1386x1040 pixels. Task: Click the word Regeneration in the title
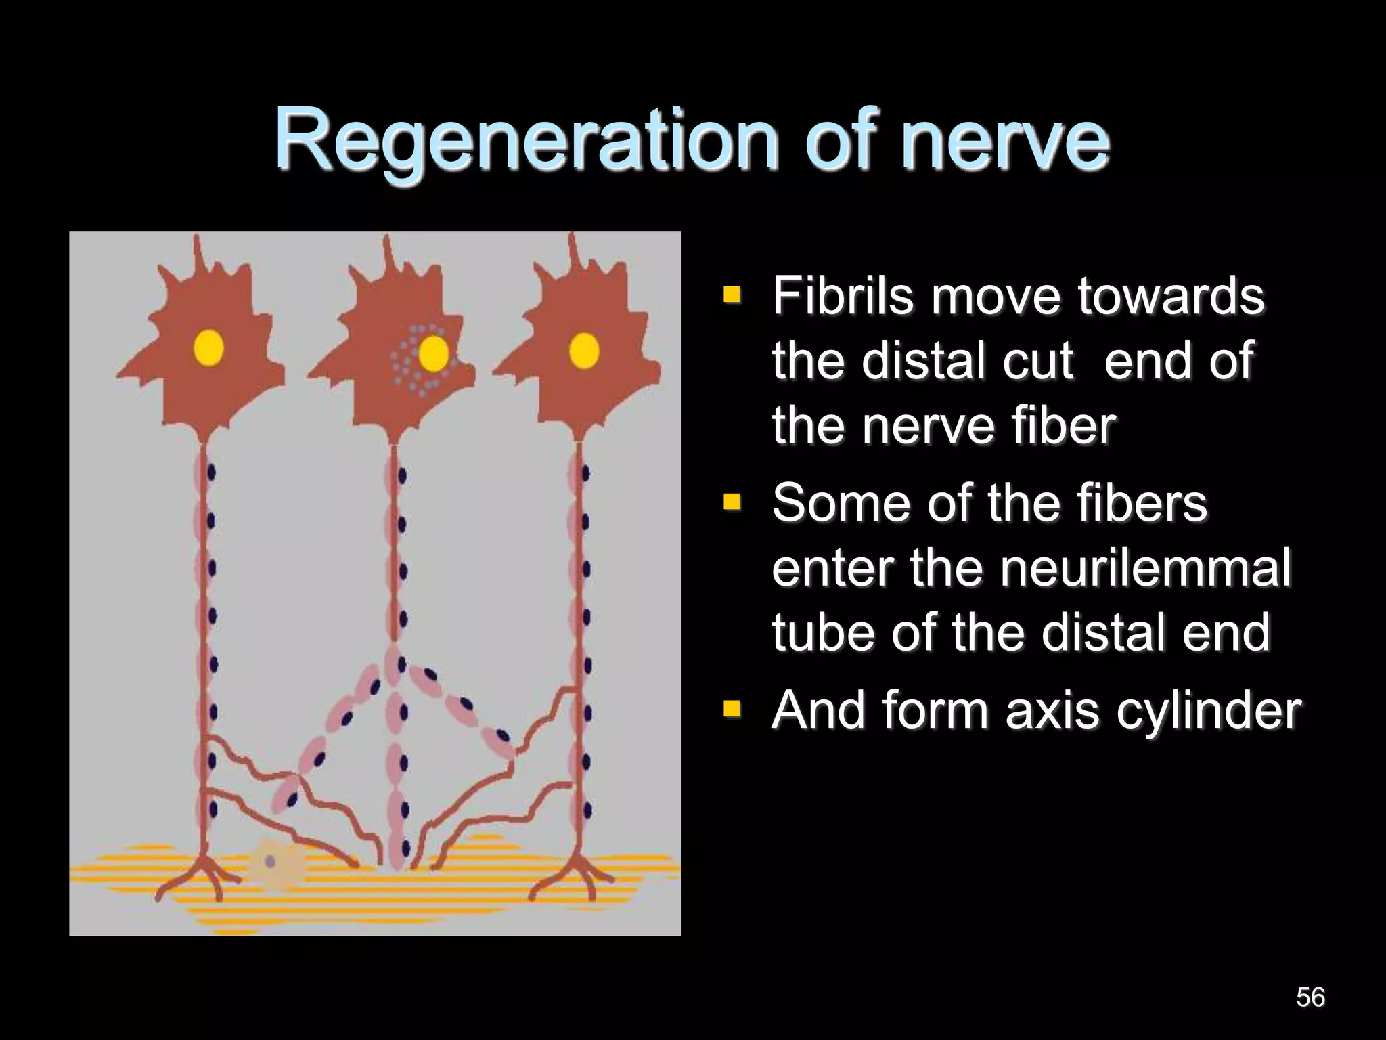point(524,141)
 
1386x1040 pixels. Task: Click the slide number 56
point(1310,997)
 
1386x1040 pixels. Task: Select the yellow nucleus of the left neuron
point(208,348)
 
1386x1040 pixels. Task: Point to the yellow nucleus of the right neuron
point(584,351)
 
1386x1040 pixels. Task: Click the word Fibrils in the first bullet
point(843,296)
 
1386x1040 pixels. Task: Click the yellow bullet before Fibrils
point(732,295)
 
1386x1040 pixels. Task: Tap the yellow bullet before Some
point(732,502)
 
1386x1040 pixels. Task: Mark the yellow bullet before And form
point(732,709)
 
